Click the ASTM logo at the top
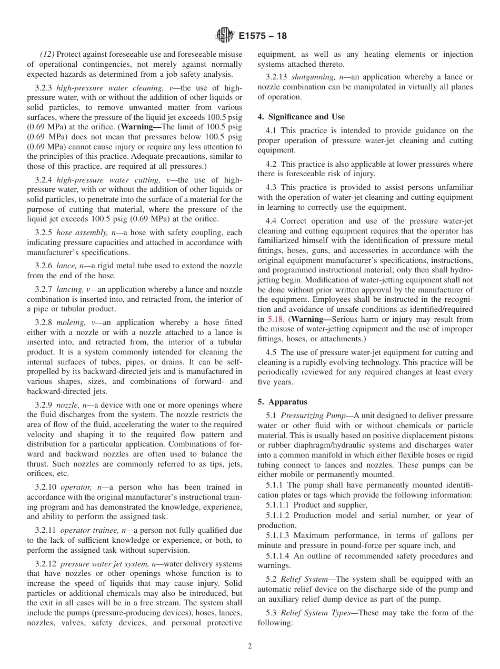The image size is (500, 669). (224, 36)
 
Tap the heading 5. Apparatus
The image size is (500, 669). (282, 402)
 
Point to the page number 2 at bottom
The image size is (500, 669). (250, 646)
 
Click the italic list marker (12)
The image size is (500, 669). (48, 54)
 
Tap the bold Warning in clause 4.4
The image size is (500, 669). (311, 319)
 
